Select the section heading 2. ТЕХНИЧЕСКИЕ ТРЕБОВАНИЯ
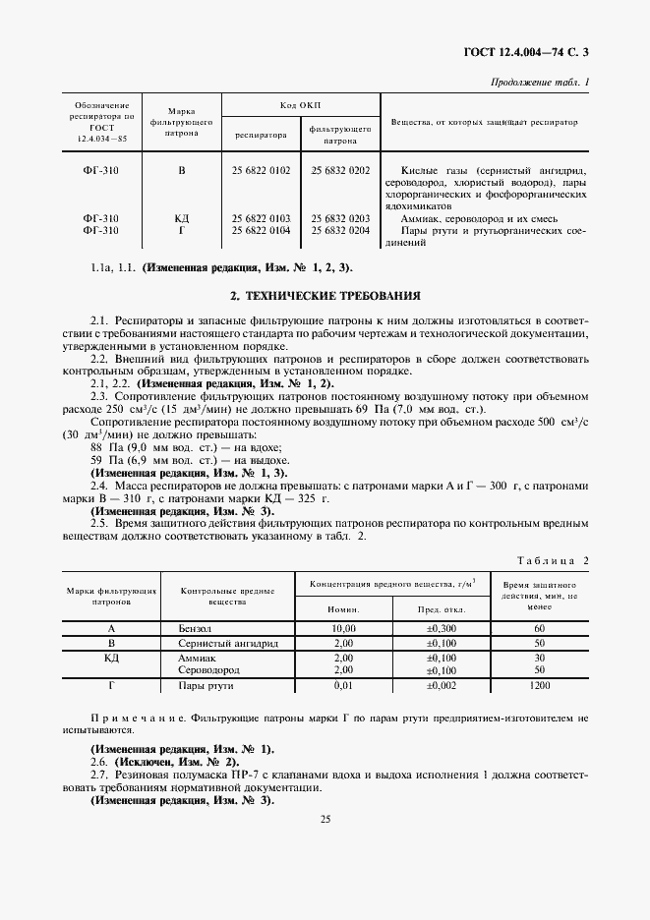click(325, 295)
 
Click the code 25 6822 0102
click(261, 171)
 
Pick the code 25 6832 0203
click(340, 218)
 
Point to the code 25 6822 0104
click(261, 230)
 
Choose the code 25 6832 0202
click(340, 171)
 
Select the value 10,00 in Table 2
click(343, 627)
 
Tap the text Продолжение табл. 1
click(540, 82)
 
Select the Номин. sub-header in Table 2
click(343, 608)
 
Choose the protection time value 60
click(539, 627)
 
